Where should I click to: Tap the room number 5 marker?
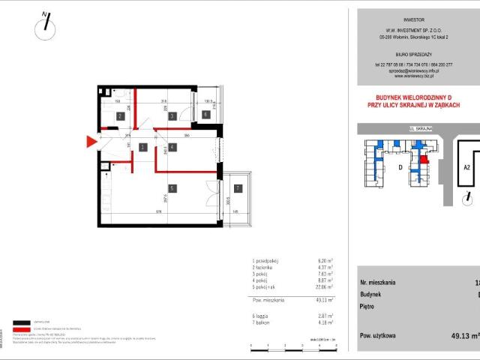click(172, 188)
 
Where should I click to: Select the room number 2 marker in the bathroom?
click(120, 115)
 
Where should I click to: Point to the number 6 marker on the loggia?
click(205, 115)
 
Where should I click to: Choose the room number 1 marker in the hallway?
click(141, 148)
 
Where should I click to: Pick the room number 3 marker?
click(172, 115)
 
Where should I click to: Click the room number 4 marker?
click(172, 148)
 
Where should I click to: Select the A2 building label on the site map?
click(466, 168)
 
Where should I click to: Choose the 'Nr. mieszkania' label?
click(378, 283)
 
